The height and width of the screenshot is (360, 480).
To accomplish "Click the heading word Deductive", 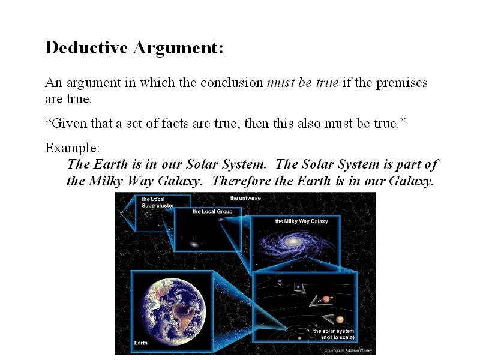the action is tap(86, 47).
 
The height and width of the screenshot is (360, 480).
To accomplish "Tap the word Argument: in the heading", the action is tap(178, 49).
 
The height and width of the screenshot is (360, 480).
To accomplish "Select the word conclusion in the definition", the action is tap(232, 83).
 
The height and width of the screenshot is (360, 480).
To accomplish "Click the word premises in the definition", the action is tap(401, 83).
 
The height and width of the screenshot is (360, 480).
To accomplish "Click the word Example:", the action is tap(73, 148).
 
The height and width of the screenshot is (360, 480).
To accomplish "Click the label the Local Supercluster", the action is tap(157, 202).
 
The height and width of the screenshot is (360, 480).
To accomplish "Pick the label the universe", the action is tap(245, 198).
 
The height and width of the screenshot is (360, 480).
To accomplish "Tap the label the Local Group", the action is tap(212, 212).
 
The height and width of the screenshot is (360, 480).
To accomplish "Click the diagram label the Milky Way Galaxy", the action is tap(302, 221).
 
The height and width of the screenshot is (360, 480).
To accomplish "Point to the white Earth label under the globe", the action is tap(141, 343).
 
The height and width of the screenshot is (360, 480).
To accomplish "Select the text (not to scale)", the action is tap(338, 337).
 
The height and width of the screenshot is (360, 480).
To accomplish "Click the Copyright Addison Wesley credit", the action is tap(348, 350).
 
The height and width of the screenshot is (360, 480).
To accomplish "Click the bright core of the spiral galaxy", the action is tap(293, 241).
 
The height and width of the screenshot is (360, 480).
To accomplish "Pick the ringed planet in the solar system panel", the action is tap(327, 299).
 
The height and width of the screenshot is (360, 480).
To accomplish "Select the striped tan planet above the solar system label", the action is tap(340, 320).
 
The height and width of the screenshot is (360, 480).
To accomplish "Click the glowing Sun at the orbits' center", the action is tap(299, 338).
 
